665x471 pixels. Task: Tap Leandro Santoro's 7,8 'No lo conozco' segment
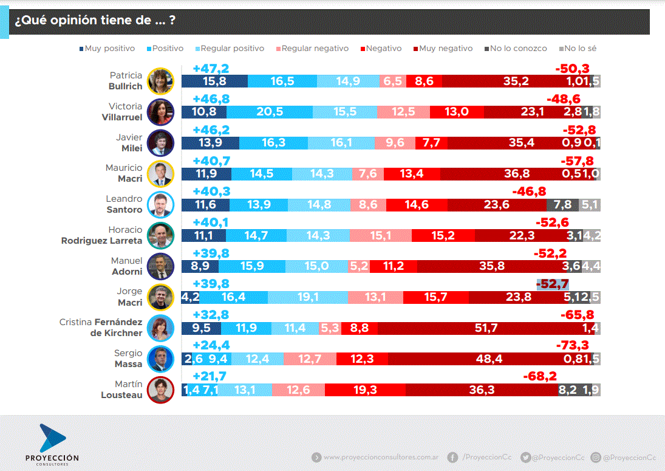click(562, 205)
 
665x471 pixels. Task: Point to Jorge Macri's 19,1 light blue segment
click(308, 297)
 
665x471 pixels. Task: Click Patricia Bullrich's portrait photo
click(161, 81)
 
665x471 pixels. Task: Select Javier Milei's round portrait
click(161, 143)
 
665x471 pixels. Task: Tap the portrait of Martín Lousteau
click(161, 390)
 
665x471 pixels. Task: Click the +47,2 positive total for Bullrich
click(210, 68)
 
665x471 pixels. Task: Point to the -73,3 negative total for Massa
click(573, 345)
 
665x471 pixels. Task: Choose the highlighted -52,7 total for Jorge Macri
click(553, 284)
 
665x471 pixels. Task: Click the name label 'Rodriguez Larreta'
click(102, 241)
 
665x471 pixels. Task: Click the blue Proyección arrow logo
click(52, 438)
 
